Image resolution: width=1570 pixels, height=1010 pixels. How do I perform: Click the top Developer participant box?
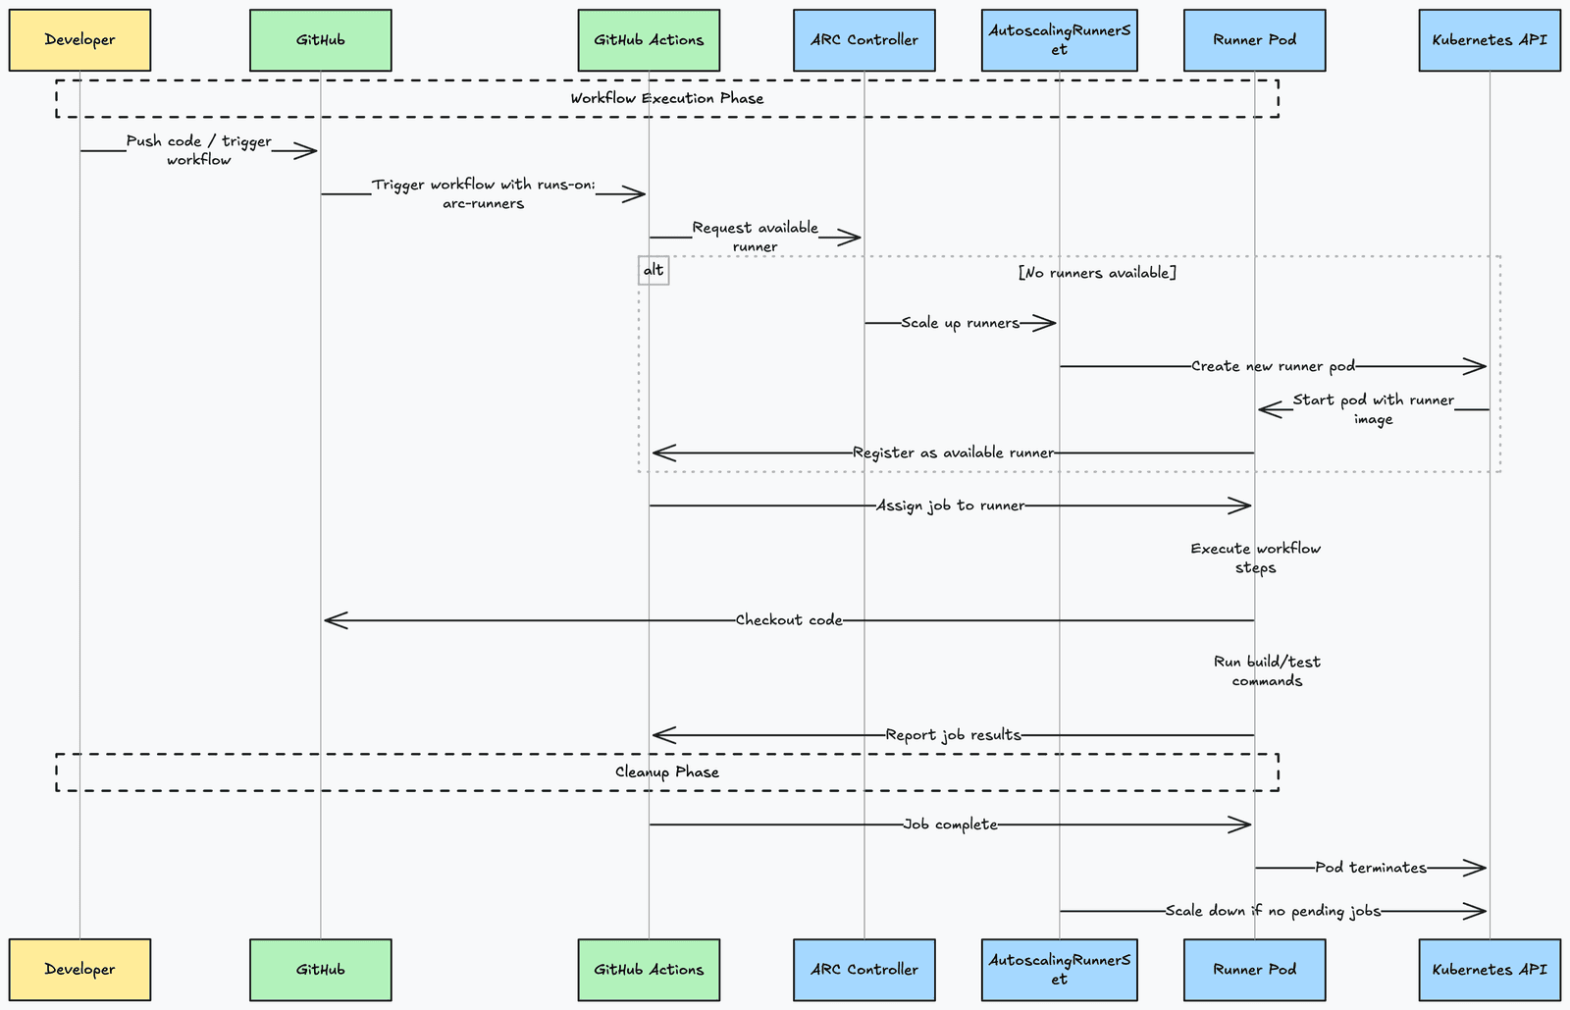(79, 40)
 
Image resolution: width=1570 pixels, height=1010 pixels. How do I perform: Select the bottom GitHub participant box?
(320, 970)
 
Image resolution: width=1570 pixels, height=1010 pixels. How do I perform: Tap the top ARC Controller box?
(863, 40)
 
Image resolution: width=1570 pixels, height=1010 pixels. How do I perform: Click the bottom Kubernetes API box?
(1489, 970)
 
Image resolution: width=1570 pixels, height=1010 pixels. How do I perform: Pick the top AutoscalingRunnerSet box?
(1059, 40)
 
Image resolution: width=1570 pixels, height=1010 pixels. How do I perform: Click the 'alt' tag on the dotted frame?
(654, 271)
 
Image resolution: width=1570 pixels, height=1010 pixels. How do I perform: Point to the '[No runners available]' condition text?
(1097, 273)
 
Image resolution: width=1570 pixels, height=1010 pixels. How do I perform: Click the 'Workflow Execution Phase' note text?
(666, 98)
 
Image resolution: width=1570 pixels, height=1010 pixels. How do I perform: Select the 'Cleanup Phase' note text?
(666, 772)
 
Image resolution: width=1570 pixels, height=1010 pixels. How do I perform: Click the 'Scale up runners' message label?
(960, 323)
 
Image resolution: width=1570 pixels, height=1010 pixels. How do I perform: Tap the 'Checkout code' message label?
(789, 620)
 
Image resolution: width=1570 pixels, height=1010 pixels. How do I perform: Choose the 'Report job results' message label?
(953, 735)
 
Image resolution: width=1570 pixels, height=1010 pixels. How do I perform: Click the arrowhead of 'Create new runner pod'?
(1477, 367)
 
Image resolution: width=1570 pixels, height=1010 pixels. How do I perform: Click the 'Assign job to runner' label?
(950, 506)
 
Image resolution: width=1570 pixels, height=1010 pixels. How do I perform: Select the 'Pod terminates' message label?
(1370, 868)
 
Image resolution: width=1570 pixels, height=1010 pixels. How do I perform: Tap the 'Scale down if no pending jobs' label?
(1273, 911)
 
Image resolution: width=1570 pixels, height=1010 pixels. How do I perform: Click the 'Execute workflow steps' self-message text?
(1255, 558)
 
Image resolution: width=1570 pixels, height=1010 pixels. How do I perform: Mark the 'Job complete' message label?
(950, 825)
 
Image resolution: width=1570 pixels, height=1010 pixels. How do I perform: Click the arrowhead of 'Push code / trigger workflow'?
(306, 151)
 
